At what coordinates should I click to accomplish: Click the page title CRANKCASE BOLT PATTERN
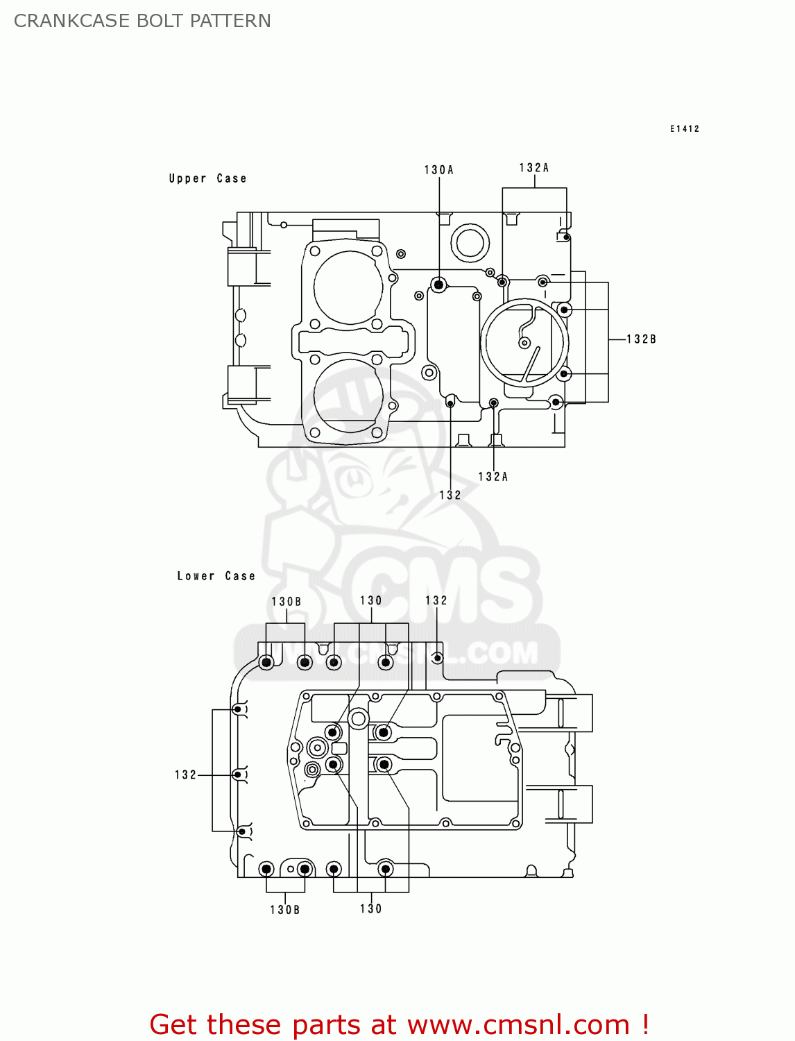pyautogui.click(x=142, y=21)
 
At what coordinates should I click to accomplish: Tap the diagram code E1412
pyautogui.click(x=684, y=129)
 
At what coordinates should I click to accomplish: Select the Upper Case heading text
pyautogui.click(x=207, y=178)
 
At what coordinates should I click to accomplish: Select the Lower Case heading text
pyautogui.click(x=216, y=576)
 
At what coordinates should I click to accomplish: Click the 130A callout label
pyautogui.click(x=438, y=170)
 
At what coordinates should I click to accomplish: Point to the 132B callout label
pyautogui.click(x=641, y=339)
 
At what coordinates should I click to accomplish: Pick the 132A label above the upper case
pyautogui.click(x=533, y=168)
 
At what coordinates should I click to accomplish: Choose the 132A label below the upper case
pyautogui.click(x=493, y=477)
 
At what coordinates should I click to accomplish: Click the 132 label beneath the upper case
pyautogui.click(x=450, y=496)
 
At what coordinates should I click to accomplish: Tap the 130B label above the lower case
pyautogui.click(x=286, y=602)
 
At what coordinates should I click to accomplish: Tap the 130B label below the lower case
pyautogui.click(x=284, y=910)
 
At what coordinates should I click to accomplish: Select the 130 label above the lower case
pyautogui.click(x=370, y=601)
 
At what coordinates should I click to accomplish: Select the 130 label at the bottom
pyautogui.click(x=370, y=909)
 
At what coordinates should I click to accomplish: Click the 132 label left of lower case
pyautogui.click(x=185, y=775)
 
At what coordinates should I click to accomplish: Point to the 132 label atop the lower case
pyautogui.click(x=436, y=601)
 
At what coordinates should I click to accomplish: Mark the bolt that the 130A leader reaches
pyautogui.click(x=438, y=285)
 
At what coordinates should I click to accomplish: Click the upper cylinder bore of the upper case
pyautogui.click(x=348, y=287)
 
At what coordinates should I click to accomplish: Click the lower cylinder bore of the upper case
pyautogui.click(x=348, y=396)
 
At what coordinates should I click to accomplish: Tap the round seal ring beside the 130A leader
pyautogui.click(x=470, y=244)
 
